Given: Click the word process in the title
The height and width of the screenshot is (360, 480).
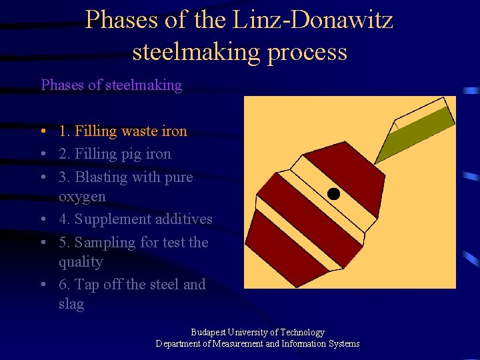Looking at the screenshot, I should (x=307, y=51).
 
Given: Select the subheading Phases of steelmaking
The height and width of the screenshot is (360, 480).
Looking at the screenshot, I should (x=111, y=85).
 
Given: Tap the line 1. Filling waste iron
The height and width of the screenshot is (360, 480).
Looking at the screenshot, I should (x=123, y=131).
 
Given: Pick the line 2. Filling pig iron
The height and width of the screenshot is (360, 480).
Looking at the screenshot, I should (x=115, y=154).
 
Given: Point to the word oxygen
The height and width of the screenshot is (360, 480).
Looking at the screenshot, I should (x=82, y=197).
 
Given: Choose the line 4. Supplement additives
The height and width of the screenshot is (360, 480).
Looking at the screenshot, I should (x=135, y=219).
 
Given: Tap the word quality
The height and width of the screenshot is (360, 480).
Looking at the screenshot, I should (x=81, y=262).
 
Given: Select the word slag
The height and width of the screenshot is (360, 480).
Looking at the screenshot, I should (x=71, y=304).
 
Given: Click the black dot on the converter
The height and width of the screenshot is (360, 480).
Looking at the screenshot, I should (x=333, y=194).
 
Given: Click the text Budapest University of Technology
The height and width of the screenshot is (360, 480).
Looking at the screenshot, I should (x=257, y=332).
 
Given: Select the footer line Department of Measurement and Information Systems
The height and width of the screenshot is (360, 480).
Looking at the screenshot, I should (x=257, y=344).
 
